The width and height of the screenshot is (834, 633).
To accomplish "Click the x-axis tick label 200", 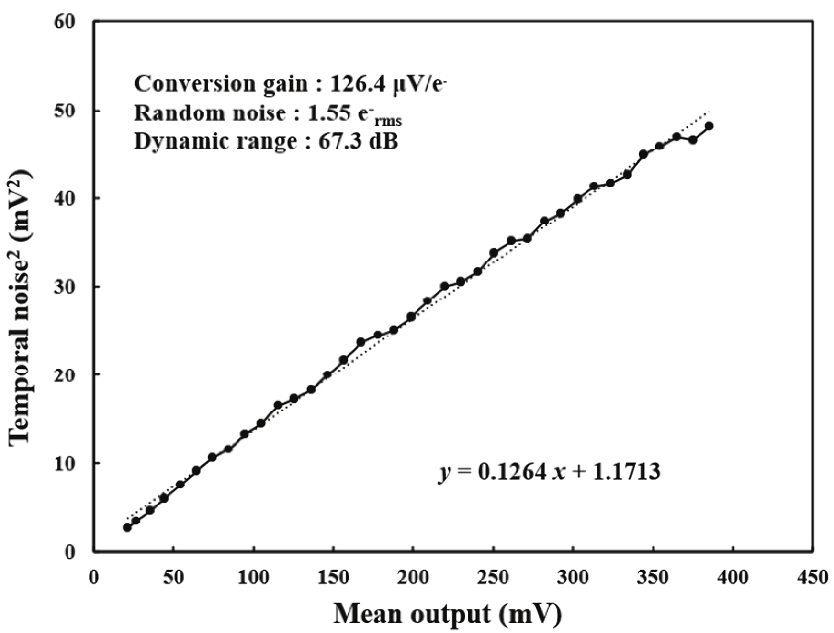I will [413, 576].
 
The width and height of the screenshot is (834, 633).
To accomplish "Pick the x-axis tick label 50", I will [173, 576].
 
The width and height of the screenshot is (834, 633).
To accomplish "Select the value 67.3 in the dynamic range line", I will [337, 141].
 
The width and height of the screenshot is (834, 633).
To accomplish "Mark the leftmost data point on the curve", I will [127, 528].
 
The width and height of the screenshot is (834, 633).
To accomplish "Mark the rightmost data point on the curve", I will [709, 126].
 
